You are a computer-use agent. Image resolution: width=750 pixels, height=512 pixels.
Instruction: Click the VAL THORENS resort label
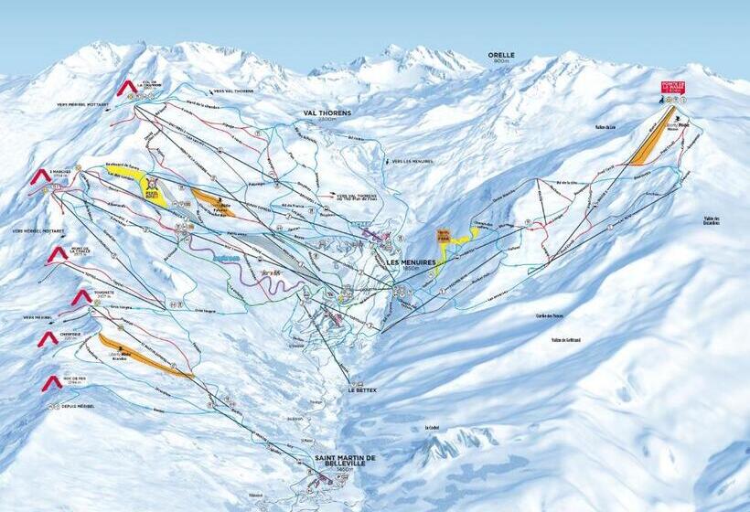point(327,113)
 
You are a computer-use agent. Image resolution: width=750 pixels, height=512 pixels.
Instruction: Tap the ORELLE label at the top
point(500,55)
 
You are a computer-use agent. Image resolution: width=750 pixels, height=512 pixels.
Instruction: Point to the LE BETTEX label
point(362,389)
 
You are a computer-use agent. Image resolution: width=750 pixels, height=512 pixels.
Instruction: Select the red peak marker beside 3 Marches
point(40,175)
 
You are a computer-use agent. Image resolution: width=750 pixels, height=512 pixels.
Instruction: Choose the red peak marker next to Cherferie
point(48,338)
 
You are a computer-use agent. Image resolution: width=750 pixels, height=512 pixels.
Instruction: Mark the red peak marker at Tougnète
point(81,296)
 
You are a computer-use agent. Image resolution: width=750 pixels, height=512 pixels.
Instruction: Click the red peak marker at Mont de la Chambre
point(57,253)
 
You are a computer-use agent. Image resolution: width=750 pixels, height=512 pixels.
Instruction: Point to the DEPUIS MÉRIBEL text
point(78,406)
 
